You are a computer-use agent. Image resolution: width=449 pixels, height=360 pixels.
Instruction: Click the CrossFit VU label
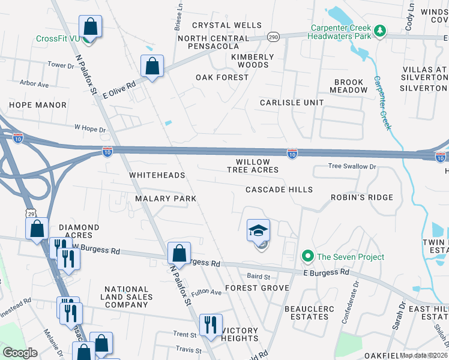point(58,38)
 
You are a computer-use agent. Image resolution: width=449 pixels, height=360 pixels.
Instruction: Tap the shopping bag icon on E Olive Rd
point(152,66)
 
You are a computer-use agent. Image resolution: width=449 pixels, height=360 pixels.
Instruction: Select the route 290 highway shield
point(272,37)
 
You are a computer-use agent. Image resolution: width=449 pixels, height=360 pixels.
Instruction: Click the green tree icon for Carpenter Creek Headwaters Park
point(379,30)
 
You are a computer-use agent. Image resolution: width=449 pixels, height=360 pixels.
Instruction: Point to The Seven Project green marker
point(308,257)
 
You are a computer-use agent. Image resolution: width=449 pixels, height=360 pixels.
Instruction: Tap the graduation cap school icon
point(259,231)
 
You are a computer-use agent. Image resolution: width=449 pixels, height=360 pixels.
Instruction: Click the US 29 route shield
point(31,213)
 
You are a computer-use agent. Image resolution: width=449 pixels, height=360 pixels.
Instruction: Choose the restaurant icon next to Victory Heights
point(210,325)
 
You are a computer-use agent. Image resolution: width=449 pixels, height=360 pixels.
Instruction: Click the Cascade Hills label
point(279,190)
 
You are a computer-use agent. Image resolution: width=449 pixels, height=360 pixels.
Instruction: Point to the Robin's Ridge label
point(362,197)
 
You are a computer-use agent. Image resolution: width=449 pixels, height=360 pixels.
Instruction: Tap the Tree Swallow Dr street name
point(352,166)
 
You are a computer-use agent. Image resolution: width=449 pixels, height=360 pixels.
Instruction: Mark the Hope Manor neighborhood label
point(37,105)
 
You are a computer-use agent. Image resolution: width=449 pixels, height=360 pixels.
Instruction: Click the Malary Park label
point(166,198)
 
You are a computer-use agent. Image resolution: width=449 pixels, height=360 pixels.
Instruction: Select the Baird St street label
point(259,277)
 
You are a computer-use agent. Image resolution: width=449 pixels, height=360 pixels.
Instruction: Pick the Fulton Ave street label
point(207,292)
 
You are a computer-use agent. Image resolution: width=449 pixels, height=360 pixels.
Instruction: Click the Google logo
point(20,352)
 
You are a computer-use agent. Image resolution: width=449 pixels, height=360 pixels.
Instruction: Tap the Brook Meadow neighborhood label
point(349,86)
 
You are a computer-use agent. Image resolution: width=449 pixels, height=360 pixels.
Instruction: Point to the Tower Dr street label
point(60,65)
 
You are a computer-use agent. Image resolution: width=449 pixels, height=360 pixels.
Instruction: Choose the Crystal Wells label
point(227,25)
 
